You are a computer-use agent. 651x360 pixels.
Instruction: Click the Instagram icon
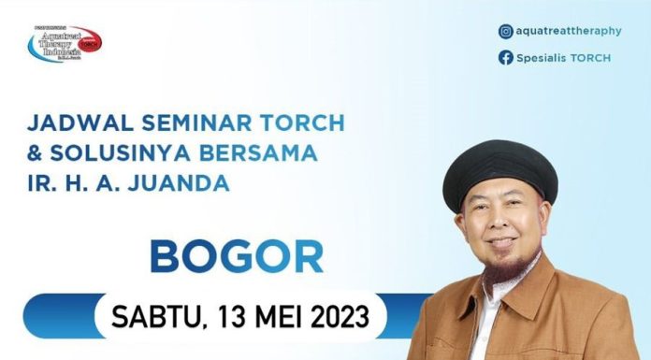[x=506, y=31]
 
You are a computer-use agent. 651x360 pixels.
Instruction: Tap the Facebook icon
[x=506, y=58]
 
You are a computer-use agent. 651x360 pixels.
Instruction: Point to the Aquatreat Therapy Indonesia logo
[x=64, y=43]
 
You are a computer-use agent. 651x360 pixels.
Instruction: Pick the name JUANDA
[x=183, y=183]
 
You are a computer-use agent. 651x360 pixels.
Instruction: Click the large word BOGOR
[x=237, y=256]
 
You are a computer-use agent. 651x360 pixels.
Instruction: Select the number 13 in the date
[x=221, y=315]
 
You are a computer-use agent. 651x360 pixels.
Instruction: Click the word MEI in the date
[x=272, y=315]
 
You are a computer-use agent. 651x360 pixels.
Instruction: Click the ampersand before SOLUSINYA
[x=36, y=153]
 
